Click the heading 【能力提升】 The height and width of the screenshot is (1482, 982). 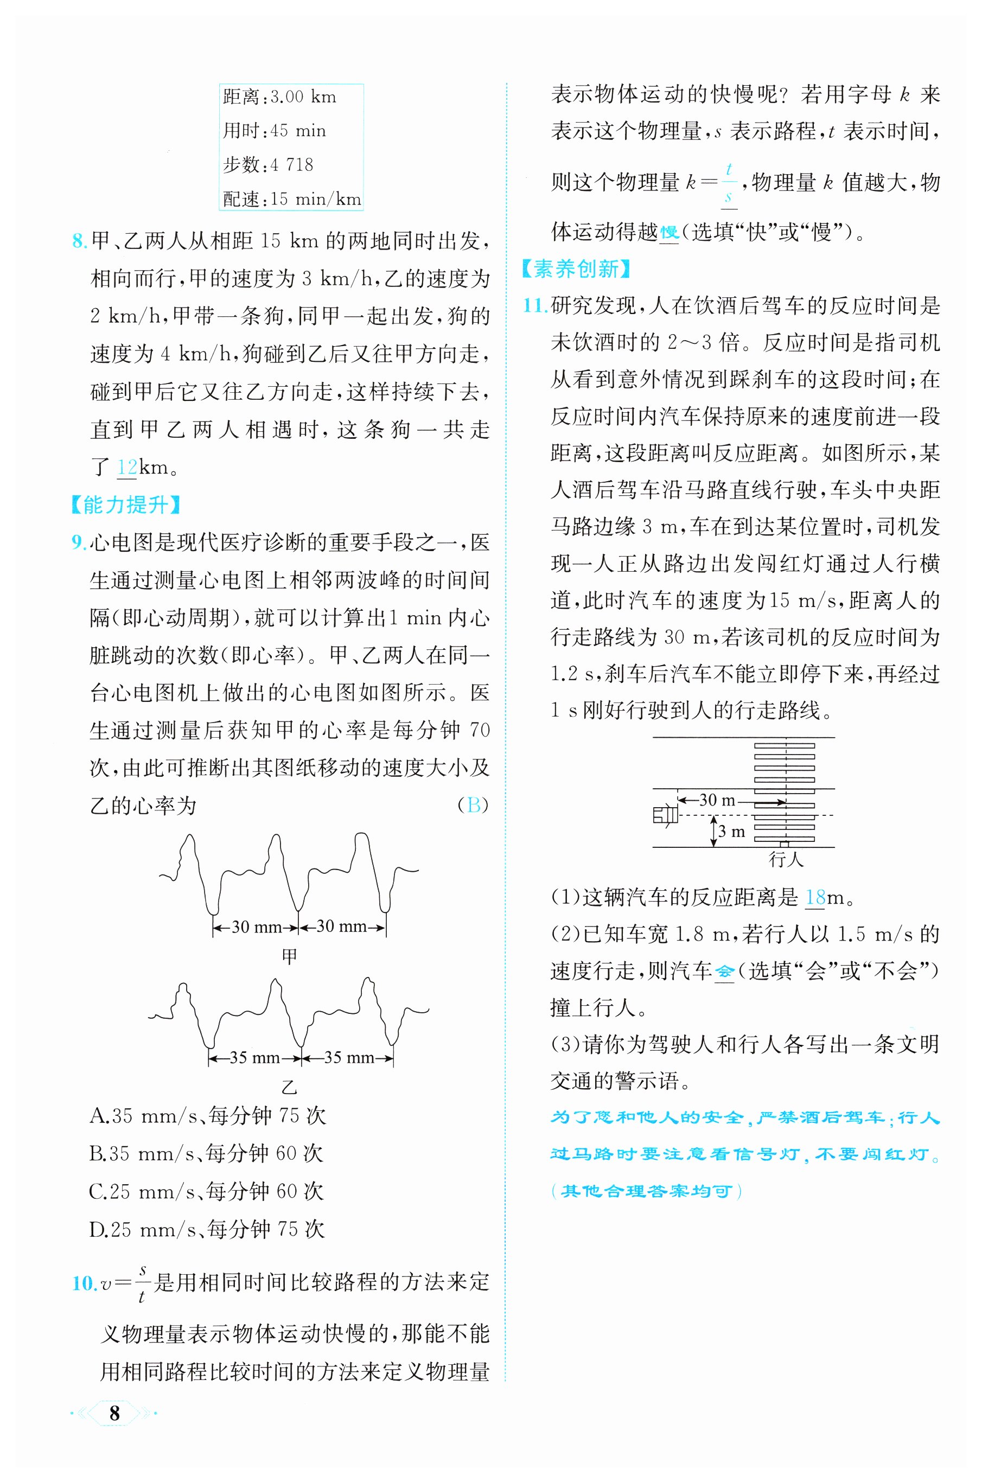click(x=126, y=504)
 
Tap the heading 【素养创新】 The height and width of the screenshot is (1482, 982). click(x=576, y=269)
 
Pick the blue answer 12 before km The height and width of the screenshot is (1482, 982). click(x=126, y=467)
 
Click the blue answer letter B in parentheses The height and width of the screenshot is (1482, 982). click(x=474, y=805)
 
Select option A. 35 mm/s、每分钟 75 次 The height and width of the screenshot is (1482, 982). click(x=207, y=1116)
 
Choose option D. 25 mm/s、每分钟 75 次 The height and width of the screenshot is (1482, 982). click(x=207, y=1230)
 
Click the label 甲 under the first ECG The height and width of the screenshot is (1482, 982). click(x=289, y=956)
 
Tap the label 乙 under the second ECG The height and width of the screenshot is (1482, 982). click(x=289, y=1087)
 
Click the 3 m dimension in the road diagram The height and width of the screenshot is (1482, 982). click(x=731, y=832)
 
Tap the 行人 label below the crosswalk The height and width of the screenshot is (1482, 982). click(x=786, y=860)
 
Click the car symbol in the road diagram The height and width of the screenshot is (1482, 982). click(x=665, y=815)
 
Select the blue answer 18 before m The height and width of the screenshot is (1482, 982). click(x=815, y=898)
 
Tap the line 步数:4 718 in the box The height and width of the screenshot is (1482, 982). click(x=268, y=165)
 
